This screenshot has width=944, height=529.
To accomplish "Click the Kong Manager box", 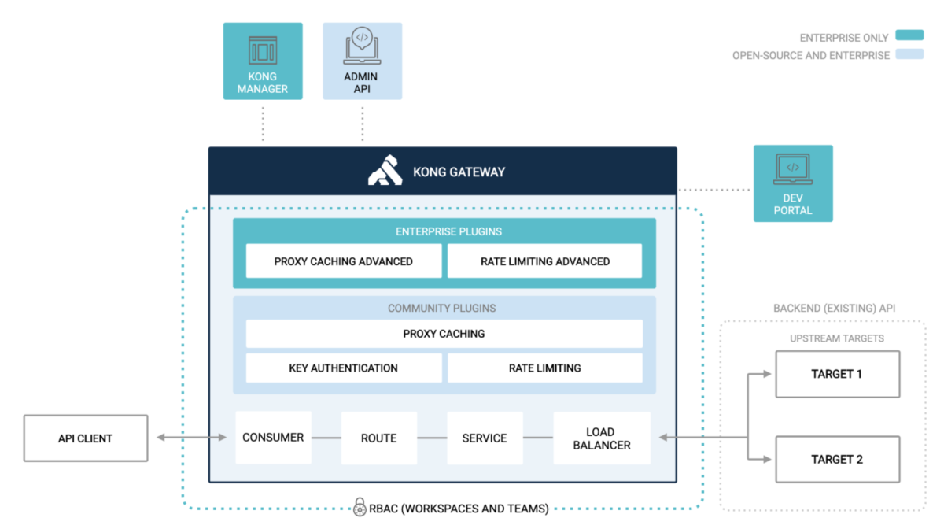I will click(x=263, y=61).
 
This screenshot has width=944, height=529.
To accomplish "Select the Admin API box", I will click(x=362, y=61).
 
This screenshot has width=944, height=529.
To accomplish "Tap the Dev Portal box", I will click(x=793, y=183).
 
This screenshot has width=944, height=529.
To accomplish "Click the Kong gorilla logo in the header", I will click(x=385, y=172).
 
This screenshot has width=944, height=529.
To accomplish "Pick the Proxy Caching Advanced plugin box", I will click(x=344, y=261).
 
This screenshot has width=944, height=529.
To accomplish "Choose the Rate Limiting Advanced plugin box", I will click(x=544, y=261).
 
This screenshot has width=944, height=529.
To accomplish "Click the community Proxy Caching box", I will click(x=444, y=334).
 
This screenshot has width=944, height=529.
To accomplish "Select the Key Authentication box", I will click(x=344, y=368).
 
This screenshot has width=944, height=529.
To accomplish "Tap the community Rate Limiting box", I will click(x=544, y=368).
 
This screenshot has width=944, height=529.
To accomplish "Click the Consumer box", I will click(x=273, y=438).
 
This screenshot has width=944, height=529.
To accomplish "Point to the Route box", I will click(x=378, y=438).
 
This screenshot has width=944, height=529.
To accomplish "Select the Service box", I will click(x=485, y=438).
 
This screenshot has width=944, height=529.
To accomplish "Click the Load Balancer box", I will click(x=602, y=438).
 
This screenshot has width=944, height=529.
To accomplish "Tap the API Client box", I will click(x=86, y=438).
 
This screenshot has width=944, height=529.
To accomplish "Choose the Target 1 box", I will click(x=837, y=374).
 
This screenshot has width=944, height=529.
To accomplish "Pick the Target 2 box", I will click(x=837, y=459).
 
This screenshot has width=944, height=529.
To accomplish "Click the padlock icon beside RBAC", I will click(x=360, y=507).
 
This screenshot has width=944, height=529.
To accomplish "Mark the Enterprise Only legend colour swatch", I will click(x=909, y=36).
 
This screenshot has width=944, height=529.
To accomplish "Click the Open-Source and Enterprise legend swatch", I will click(x=909, y=55).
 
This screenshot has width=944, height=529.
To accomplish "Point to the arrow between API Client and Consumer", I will click(x=191, y=438).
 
